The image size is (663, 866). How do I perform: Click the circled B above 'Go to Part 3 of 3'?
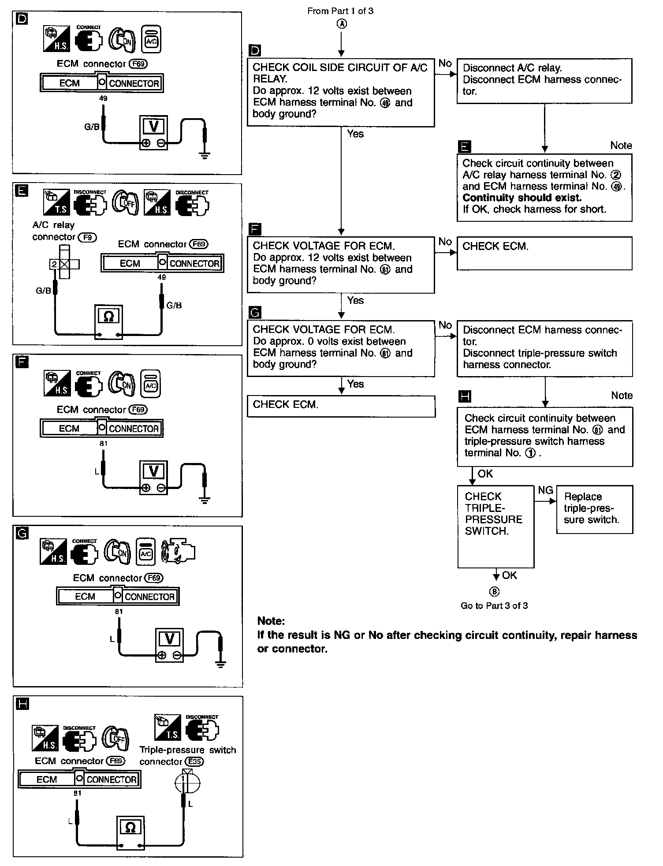pos(495,591)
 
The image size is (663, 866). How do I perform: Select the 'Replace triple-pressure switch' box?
pos(594,509)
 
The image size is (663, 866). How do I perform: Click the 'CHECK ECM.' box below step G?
pos(341,406)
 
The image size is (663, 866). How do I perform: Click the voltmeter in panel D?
pos(153,132)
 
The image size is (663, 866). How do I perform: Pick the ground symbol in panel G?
pos(220,663)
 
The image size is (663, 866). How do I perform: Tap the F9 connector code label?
pos(87,237)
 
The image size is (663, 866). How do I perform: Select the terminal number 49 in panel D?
pos(103,98)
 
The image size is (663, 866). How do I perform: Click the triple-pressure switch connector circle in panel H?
pos(187,782)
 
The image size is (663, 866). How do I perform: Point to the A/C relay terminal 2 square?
pos(54,264)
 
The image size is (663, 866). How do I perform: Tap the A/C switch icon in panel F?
pos(151,384)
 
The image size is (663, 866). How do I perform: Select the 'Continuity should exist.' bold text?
pos(522,198)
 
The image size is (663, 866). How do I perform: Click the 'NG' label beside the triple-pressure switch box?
pos(545,490)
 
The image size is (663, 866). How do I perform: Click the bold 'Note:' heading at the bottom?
pos(271,621)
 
